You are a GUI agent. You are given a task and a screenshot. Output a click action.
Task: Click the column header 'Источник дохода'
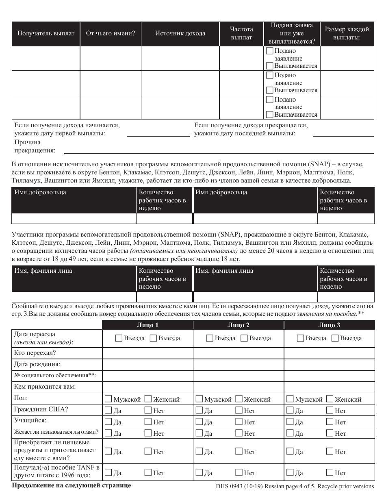point(180,33)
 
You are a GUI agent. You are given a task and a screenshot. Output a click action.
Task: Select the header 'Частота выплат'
point(241,33)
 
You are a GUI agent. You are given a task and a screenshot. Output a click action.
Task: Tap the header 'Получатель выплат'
point(46,33)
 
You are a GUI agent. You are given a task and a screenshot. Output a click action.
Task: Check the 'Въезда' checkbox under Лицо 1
point(119,338)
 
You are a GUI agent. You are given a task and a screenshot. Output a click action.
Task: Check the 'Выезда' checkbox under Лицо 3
point(335,338)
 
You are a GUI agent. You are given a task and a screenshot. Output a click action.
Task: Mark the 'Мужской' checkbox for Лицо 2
point(200,399)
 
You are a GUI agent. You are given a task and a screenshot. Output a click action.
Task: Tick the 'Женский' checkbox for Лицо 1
point(148,399)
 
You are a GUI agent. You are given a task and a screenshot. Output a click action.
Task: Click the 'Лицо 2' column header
point(238,325)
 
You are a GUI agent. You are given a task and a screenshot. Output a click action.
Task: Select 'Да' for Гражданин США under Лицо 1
point(108,411)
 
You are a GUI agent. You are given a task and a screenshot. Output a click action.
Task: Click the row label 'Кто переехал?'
point(35,353)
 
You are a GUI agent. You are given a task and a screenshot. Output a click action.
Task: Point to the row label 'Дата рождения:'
point(37,364)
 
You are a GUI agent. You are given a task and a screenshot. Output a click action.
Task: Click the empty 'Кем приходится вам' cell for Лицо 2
point(238,387)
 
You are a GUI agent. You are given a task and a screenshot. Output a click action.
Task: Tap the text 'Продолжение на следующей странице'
point(72,485)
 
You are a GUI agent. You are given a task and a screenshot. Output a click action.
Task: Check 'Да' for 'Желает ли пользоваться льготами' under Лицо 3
point(290,433)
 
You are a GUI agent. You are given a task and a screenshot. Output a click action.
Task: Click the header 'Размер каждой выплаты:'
point(347,33)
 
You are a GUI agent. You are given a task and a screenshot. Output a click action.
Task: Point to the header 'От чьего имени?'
point(111,33)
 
